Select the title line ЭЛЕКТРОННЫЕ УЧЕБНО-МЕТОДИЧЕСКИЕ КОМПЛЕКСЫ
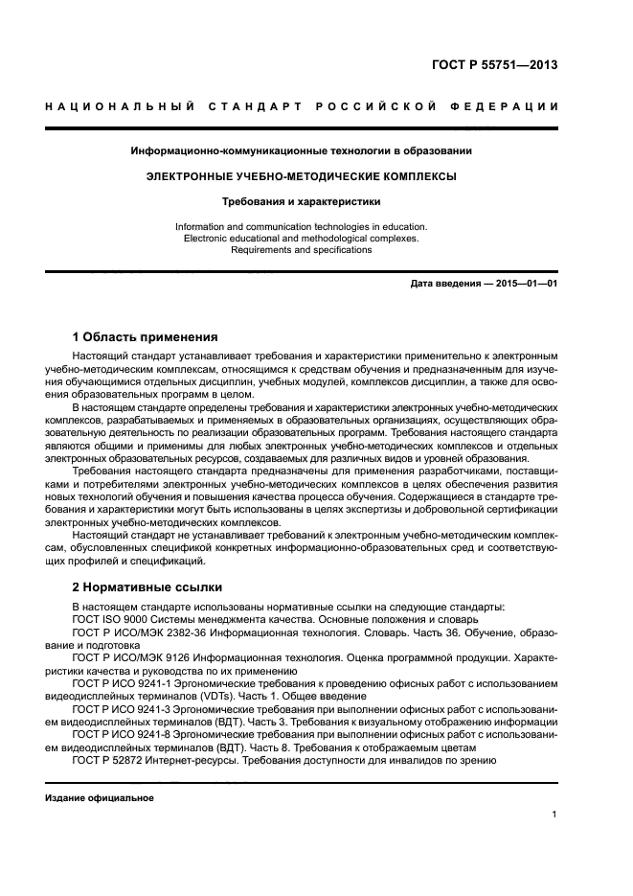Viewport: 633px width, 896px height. coord(301,176)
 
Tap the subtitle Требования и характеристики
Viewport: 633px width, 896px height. coord(301,202)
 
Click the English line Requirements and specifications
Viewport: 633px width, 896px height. coord(301,249)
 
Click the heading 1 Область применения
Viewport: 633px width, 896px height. coord(146,337)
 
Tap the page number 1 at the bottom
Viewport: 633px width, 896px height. coord(554,815)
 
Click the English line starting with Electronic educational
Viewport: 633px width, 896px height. coord(301,238)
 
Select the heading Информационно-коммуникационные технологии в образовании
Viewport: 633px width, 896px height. coord(301,150)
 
